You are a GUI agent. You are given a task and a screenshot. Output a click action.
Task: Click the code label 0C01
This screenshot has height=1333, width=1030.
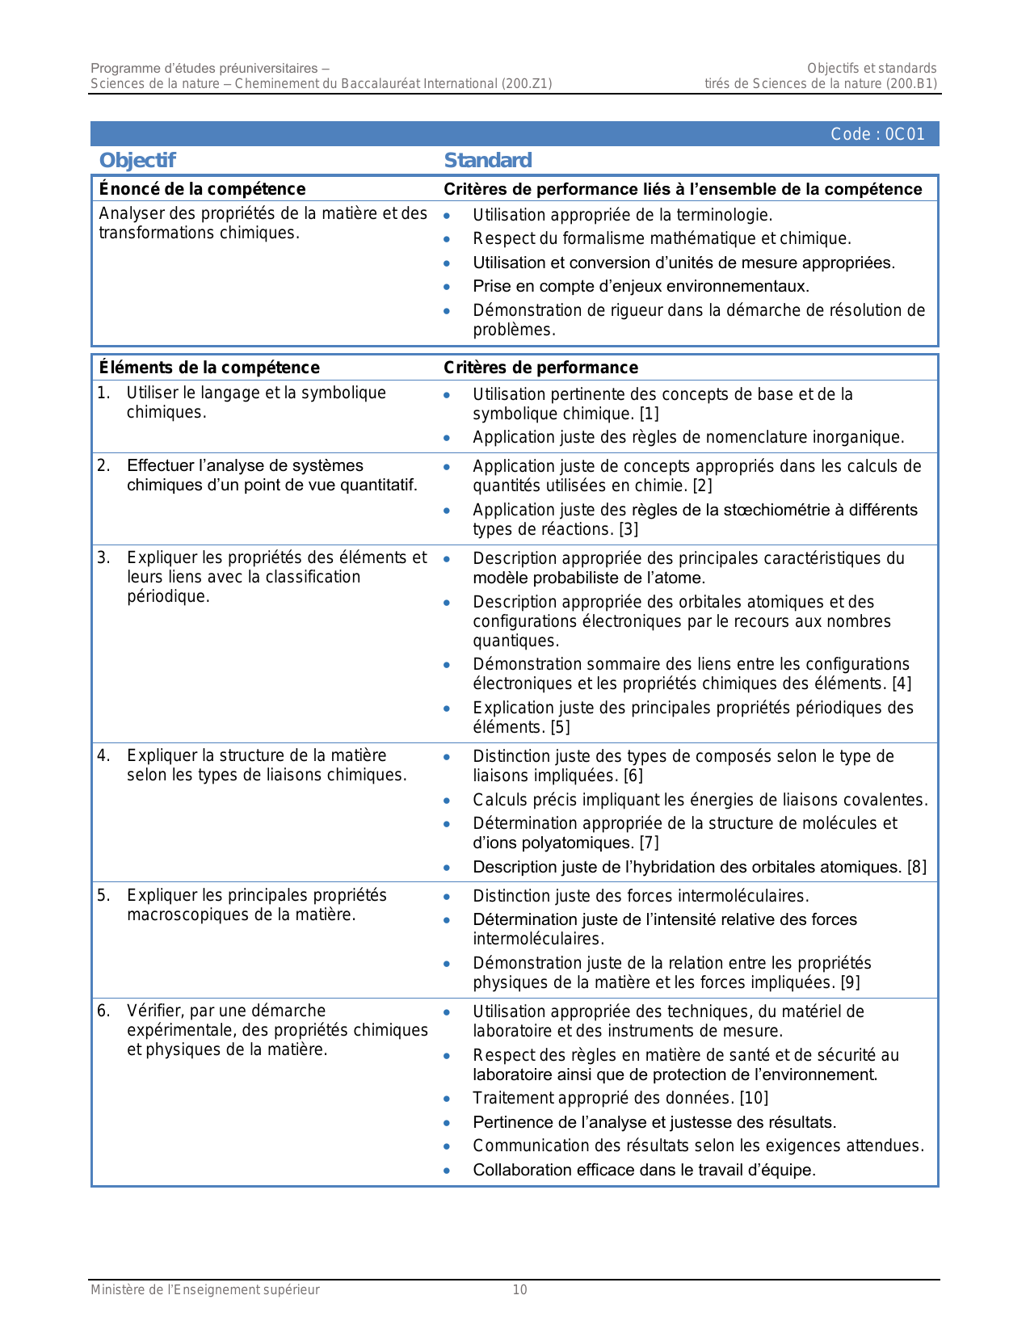(877, 134)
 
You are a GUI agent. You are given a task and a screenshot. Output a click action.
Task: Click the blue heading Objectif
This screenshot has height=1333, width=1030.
(137, 160)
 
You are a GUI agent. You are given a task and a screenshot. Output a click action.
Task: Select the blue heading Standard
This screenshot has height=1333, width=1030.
(488, 160)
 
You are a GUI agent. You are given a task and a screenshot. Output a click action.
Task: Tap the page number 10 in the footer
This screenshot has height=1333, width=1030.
(519, 1290)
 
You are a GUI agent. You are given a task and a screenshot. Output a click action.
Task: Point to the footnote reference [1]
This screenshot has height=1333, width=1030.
(650, 414)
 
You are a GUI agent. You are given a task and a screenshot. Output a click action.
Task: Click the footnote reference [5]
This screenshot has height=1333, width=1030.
(561, 727)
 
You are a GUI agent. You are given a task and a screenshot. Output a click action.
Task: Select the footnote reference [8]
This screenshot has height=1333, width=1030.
(917, 867)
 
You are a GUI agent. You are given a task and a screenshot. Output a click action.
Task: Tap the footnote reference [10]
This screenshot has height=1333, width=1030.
(754, 1098)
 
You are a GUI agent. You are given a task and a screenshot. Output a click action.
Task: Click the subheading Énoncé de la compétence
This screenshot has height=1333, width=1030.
(202, 189)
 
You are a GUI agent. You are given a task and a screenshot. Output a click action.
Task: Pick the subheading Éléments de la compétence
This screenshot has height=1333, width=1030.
(209, 368)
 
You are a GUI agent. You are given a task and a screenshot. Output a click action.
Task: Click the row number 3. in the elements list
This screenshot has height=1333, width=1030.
(103, 557)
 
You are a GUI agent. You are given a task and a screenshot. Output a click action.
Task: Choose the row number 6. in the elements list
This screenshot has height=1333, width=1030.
(103, 1011)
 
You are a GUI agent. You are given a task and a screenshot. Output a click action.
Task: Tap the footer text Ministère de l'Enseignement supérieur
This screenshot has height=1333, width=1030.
(205, 1290)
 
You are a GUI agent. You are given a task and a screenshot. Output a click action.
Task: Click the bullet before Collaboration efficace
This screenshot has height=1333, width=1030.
(447, 1170)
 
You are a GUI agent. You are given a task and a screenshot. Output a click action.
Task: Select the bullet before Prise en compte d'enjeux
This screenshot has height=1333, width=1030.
(447, 286)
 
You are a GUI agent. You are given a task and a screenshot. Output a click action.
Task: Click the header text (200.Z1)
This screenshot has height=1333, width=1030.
(527, 83)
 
